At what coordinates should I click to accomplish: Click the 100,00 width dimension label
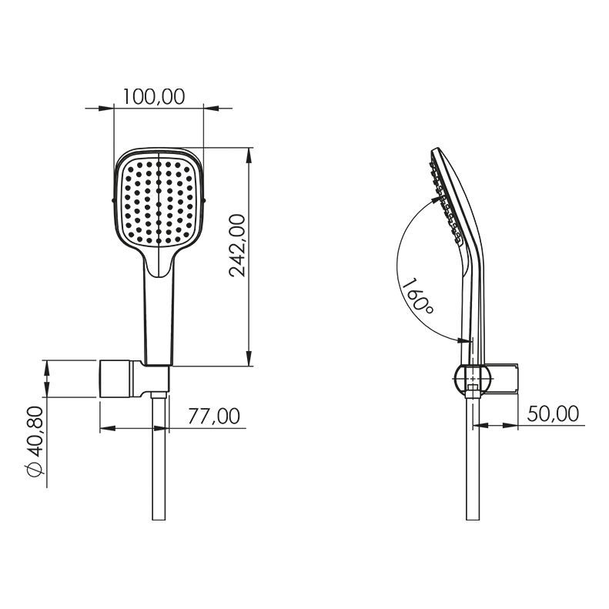click(154, 97)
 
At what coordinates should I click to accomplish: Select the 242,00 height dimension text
click(238, 246)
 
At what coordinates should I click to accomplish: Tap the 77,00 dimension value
click(214, 417)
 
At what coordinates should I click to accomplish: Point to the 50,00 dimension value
click(553, 413)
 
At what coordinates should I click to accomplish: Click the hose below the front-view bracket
click(159, 458)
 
